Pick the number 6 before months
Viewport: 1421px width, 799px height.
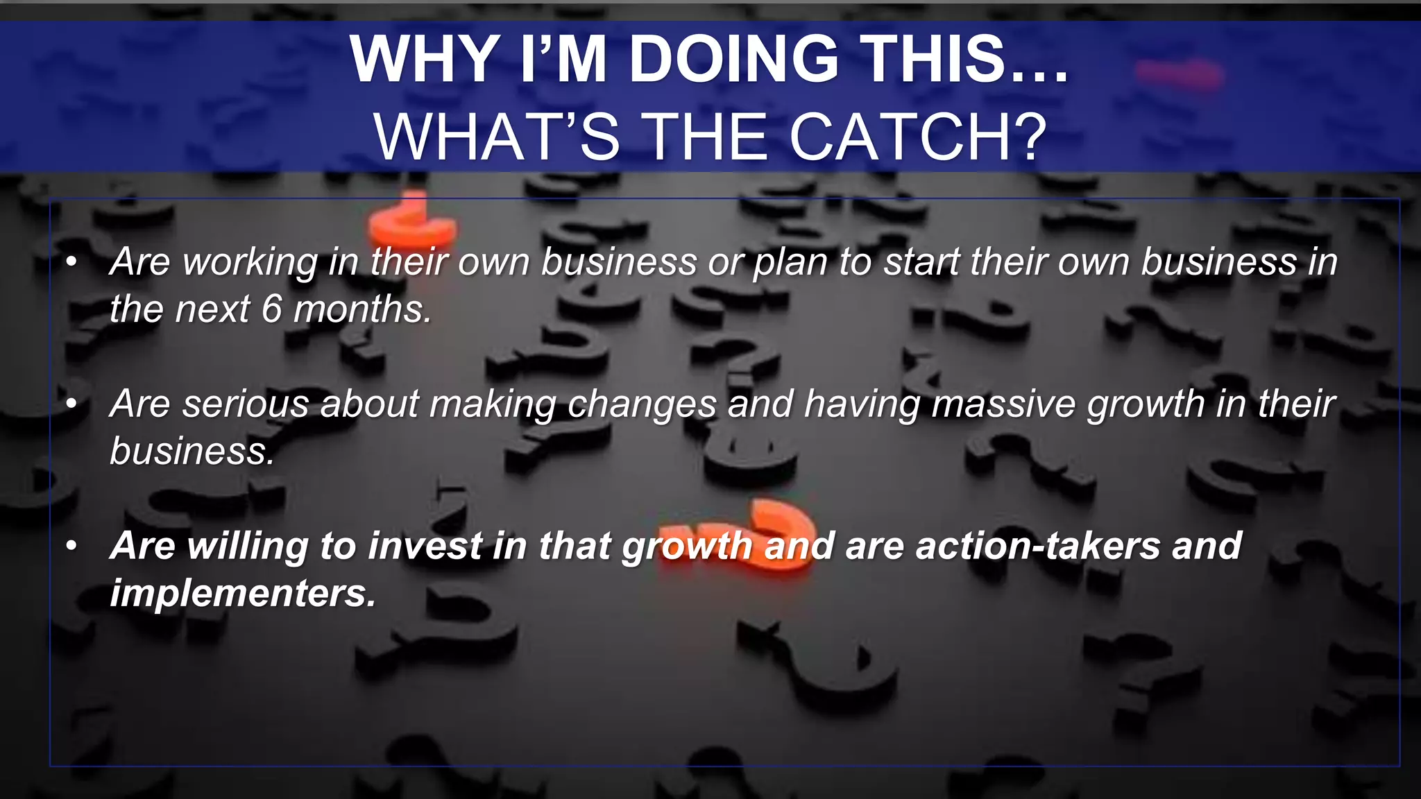pyautogui.click(x=272, y=309)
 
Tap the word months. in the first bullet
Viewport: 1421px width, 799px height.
pyautogui.click(x=362, y=309)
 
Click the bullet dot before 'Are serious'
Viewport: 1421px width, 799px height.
pyautogui.click(x=71, y=404)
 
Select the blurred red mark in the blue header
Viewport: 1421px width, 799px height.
pyautogui.click(x=1178, y=75)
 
